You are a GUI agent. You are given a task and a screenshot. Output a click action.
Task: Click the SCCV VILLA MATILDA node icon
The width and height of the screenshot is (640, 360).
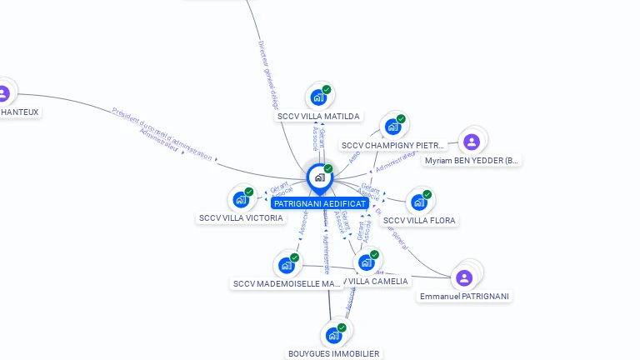pos(319,97)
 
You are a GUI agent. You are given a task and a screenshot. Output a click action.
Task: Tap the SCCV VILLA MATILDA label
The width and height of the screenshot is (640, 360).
pos(318,117)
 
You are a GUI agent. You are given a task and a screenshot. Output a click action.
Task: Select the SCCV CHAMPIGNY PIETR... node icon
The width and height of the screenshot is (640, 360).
pos(392,127)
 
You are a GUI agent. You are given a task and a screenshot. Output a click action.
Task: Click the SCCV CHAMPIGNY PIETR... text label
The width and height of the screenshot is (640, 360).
pos(392,146)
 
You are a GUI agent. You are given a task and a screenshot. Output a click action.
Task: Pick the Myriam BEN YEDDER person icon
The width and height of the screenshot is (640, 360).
pos(472,142)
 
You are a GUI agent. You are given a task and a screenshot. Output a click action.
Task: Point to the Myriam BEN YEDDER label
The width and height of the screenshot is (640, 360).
pos(472,161)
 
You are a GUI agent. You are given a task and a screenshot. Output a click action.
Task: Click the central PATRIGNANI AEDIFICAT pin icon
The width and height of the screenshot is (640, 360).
pos(319,177)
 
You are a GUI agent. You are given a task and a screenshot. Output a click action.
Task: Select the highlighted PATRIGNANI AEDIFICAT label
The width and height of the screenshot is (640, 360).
pos(319,203)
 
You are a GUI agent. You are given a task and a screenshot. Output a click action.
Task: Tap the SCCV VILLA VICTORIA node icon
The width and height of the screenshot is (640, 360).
pos(241,199)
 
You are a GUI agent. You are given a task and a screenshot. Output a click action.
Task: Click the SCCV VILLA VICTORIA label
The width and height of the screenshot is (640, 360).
pos(241,218)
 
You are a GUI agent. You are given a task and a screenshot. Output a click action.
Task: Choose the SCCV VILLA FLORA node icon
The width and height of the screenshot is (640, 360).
pos(419,202)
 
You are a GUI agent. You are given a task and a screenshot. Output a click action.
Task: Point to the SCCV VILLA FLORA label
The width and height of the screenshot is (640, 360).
pos(420,221)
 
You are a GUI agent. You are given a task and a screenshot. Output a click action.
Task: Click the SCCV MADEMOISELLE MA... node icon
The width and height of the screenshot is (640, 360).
pos(287,265)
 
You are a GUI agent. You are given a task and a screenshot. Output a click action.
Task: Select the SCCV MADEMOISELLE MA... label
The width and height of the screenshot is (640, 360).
pos(287,284)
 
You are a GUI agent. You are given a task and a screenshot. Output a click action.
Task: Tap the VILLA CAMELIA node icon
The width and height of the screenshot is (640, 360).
pos(366,262)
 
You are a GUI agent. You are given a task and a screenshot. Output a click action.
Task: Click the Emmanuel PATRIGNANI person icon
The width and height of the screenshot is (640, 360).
pos(465,277)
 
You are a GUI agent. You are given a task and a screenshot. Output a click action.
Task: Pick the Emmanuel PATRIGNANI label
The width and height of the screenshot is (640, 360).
pos(465,297)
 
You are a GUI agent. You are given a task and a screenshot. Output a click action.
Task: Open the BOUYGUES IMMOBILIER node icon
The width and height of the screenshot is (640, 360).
pos(333,335)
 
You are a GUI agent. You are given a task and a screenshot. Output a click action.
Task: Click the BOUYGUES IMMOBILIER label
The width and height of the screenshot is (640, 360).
pos(333,354)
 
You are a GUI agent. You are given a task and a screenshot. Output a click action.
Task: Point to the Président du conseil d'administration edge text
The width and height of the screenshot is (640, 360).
pos(162,130)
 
